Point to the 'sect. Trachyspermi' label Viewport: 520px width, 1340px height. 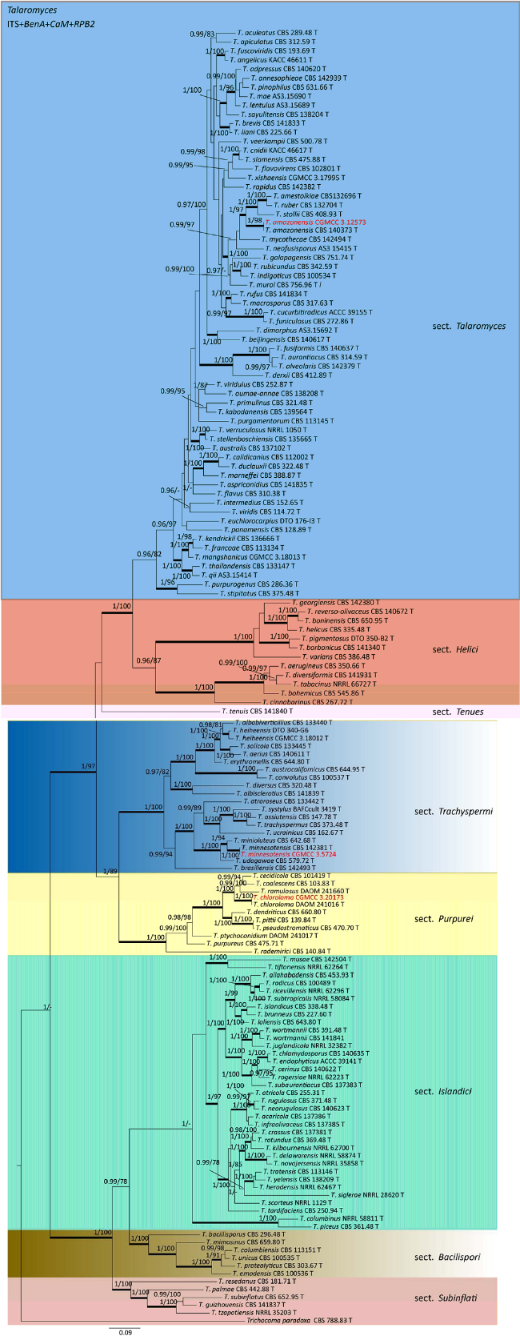454,812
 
